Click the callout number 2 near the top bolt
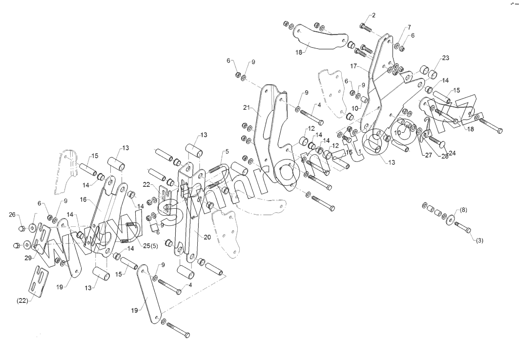click(374, 15)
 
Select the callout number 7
click(409, 27)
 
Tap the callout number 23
click(445, 58)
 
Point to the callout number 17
click(354, 65)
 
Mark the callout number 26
click(12, 214)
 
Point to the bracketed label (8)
click(463, 210)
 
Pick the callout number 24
click(452, 153)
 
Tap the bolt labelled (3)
click(463, 227)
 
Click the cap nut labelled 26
click(22, 228)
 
